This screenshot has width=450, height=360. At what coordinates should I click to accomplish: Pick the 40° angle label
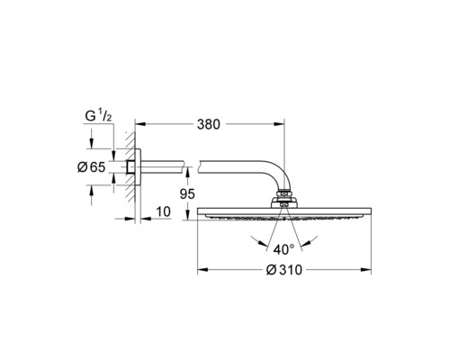285,248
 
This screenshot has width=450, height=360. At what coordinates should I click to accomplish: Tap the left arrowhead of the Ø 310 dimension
202,269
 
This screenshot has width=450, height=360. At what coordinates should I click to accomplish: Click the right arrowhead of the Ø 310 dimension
369,269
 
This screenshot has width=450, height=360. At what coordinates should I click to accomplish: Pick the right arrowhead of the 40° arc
312,239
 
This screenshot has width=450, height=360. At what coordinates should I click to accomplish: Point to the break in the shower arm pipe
193,167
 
